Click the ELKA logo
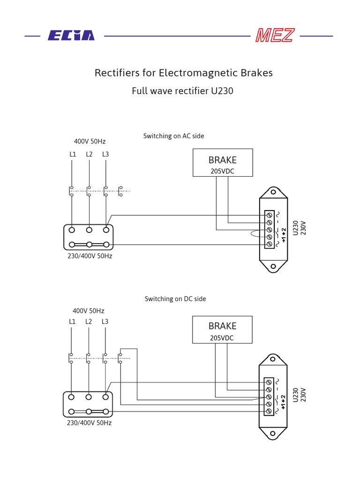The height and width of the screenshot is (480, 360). [x=71, y=36]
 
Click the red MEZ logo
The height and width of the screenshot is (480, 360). [x=275, y=36]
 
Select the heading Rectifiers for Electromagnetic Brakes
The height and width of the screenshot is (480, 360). [x=183, y=73]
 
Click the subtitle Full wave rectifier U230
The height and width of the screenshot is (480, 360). [x=182, y=91]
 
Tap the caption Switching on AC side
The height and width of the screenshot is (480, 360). [x=173, y=136]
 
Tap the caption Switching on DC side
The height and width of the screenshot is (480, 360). [x=175, y=299]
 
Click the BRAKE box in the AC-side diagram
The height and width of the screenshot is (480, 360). [x=223, y=162]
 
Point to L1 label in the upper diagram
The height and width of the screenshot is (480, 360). [x=73, y=154]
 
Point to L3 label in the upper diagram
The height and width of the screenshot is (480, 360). [x=105, y=154]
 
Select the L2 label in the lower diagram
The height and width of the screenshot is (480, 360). [x=89, y=322]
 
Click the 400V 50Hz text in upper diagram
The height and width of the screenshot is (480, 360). [x=90, y=141]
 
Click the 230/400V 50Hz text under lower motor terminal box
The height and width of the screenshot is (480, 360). [x=89, y=423]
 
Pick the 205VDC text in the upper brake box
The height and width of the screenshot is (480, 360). [x=222, y=172]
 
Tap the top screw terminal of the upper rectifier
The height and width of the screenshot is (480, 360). [x=270, y=215]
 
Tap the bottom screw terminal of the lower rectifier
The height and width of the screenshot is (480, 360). [x=269, y=411]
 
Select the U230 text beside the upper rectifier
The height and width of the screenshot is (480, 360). [x=295, y=228]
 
